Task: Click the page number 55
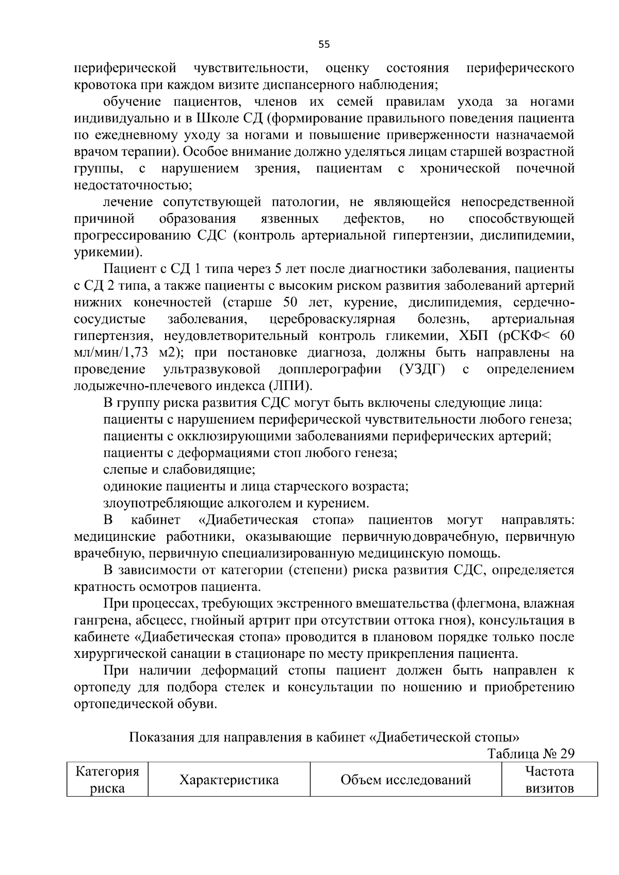pos(324,44)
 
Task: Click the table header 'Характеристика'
pos(229,780)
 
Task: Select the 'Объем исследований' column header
pos(405,780)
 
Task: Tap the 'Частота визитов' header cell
pos(549,780)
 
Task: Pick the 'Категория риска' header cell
pos(107,780)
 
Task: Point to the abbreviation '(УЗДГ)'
pos(421,370)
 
